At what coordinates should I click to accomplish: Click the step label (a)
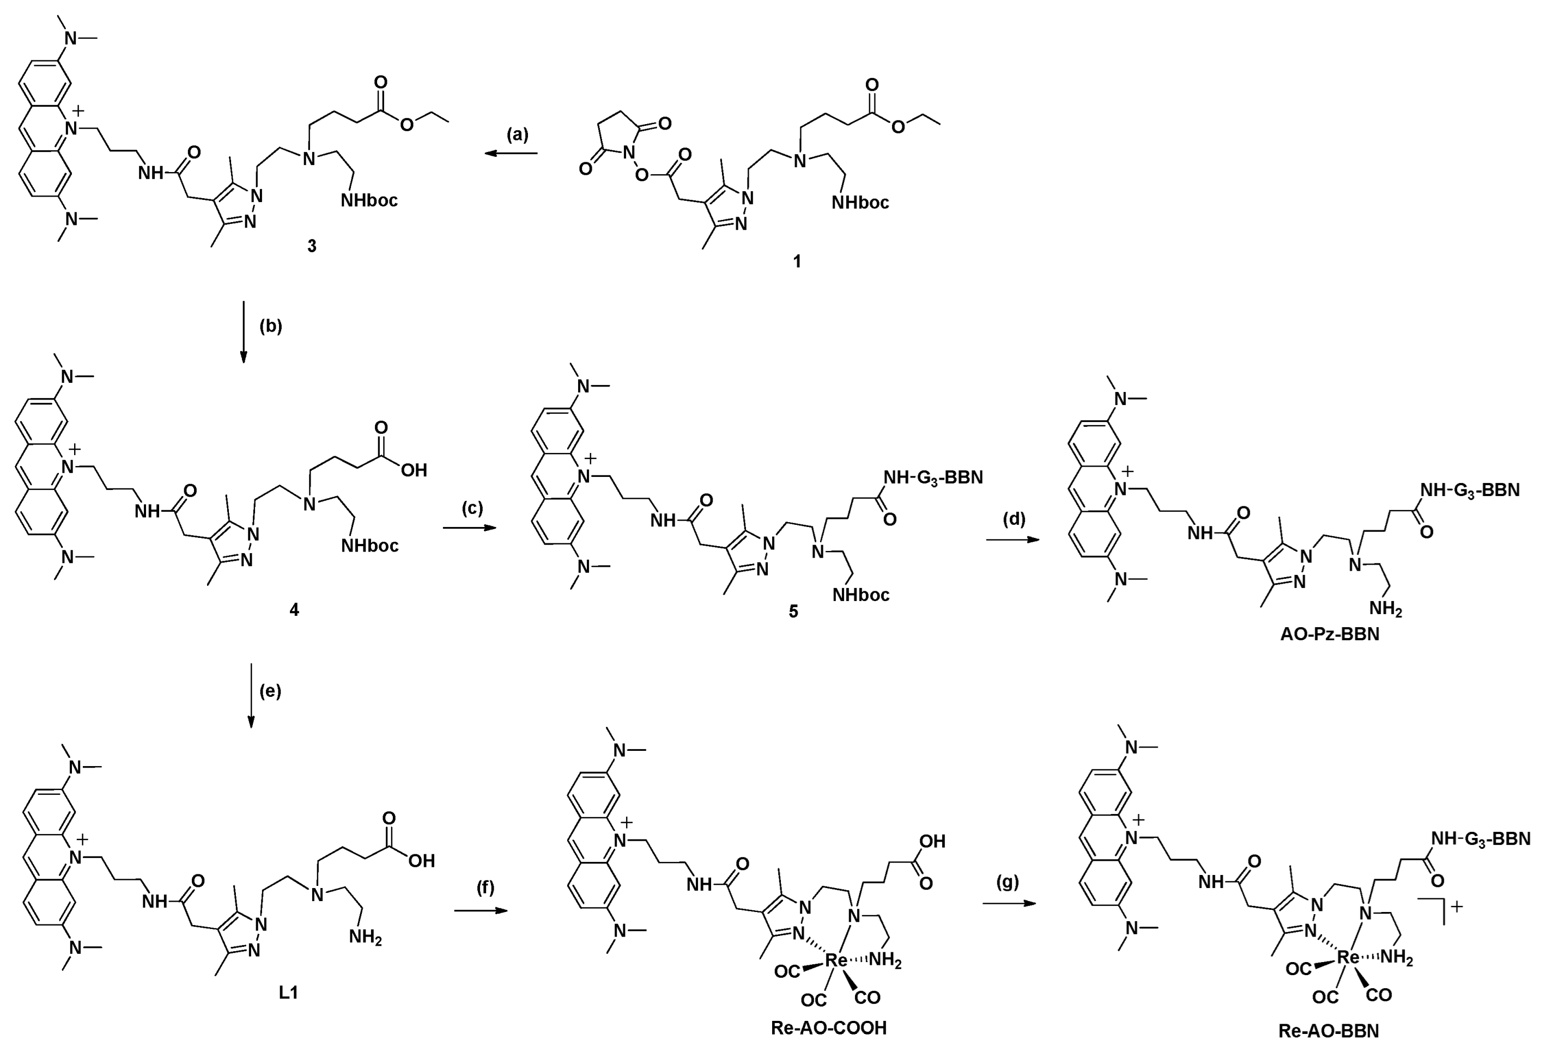[x=518, y=134]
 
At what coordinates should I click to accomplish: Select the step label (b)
[x=271, y=326]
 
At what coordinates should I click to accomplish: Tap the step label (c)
[x=472, y=509]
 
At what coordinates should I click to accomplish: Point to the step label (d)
[x=1014, y=519]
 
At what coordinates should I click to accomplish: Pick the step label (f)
[x=485, y=887]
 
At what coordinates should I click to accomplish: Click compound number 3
[x=311, y=247]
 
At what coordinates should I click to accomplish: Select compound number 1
[x=797, y=262]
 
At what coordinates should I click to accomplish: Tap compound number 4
[x=294, y=609]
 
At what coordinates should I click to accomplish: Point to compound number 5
[x=793, y=611]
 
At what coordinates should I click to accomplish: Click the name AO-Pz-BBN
[x=1329, y=634]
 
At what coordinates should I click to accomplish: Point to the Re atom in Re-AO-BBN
[x=1348, y=957]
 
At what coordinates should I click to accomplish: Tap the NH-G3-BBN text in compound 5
[x=933, y=477]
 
